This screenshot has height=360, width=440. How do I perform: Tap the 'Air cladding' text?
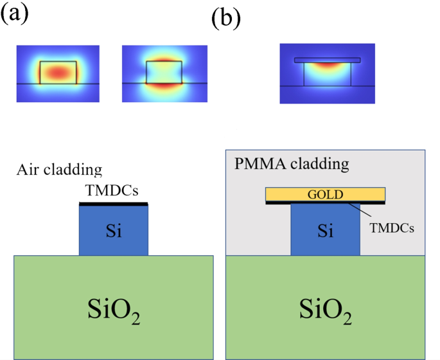[58, 170]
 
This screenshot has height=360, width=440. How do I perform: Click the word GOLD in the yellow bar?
[325, 194]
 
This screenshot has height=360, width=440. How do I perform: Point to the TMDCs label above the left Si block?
[112, 191]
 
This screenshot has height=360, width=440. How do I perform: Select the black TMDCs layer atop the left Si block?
[113, 204]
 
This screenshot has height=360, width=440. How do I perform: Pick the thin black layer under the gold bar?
[325, 203]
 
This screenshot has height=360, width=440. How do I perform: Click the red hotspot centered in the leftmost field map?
[59, 71]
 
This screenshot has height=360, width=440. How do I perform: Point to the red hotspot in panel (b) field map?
[328, 64]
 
